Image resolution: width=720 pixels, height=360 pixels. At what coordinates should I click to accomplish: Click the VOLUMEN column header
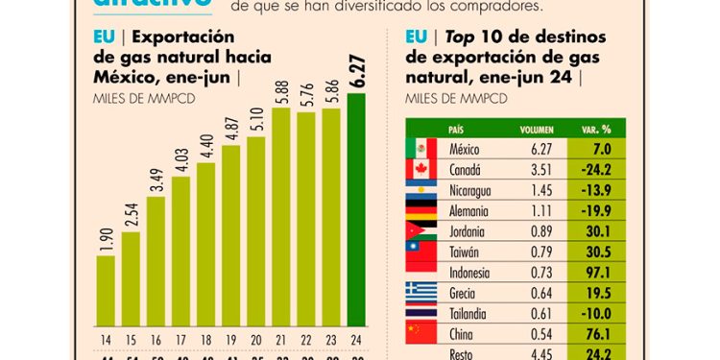click(x=537, y=129)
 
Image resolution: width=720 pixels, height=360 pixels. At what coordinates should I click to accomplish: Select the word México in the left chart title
click(x=122, y=77)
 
